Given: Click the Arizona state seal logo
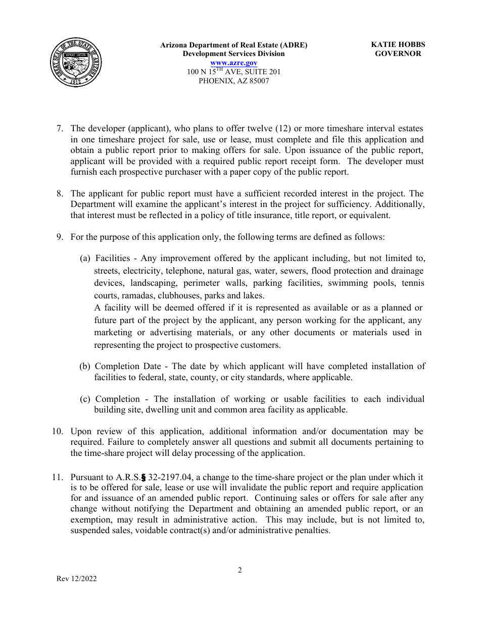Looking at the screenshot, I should point(76,63).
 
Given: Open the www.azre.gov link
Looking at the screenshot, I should point(234,63).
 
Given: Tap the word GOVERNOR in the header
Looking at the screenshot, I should point(398,54).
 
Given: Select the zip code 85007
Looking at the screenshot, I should point(258,81).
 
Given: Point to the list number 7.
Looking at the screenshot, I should point(60,129).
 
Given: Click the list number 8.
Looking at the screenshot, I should point(60,193).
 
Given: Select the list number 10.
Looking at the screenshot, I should point(57,431).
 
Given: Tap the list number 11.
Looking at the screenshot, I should point(57,477).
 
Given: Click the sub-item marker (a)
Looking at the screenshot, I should point(85,258).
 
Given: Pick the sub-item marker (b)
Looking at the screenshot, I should point(85,366).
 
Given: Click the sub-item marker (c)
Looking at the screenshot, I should point(85,399).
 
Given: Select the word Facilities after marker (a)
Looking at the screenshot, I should point(113,258).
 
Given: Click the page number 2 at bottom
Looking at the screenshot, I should point(240,570).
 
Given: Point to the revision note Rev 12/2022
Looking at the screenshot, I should point(76,579).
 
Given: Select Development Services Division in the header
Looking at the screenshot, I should point(233,54).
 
